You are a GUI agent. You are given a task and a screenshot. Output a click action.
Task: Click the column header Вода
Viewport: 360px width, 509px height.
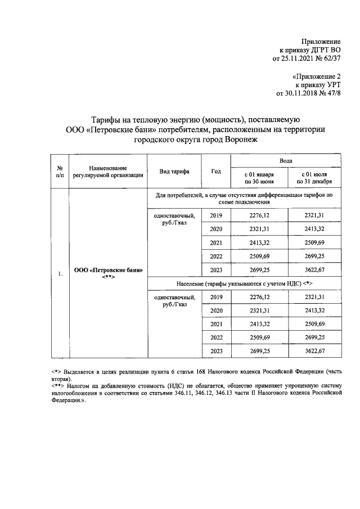coord(285,161)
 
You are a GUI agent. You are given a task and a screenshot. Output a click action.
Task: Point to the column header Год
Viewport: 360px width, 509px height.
coord(216,171)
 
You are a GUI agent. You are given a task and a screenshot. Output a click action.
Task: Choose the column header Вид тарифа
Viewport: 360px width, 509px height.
coord(174,171)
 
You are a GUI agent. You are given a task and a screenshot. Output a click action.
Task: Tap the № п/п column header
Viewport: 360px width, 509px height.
coord(60,172)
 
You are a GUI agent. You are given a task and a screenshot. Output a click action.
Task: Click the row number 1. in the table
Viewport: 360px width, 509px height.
coord(60,274)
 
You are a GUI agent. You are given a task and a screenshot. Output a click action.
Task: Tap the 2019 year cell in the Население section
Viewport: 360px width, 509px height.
coord(216,297)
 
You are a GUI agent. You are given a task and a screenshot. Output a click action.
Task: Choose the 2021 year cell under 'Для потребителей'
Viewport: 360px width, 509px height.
coord(216,243)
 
